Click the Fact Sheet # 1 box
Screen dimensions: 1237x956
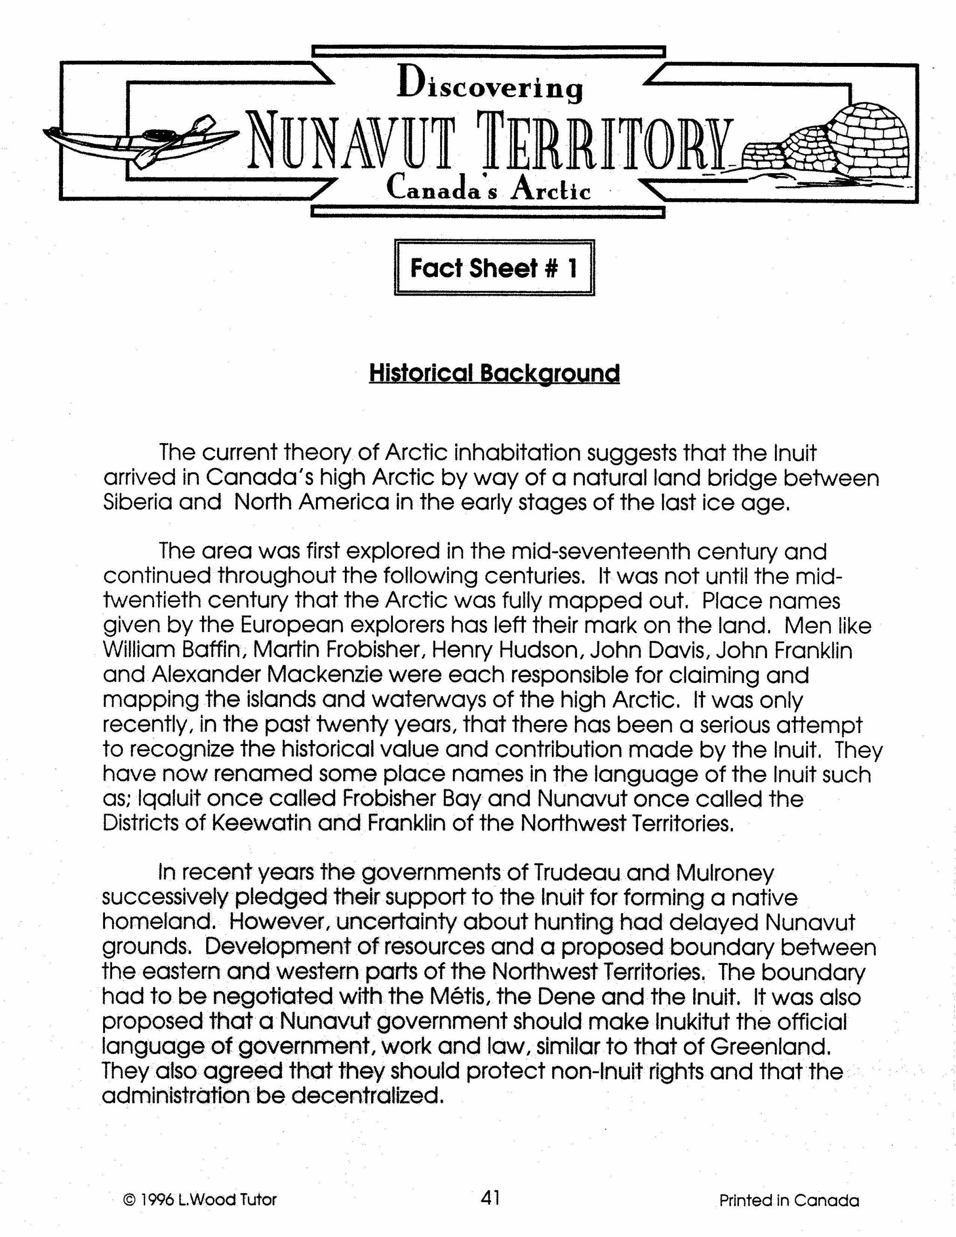click(494, 268)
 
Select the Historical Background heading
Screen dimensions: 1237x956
click(494, 374)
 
